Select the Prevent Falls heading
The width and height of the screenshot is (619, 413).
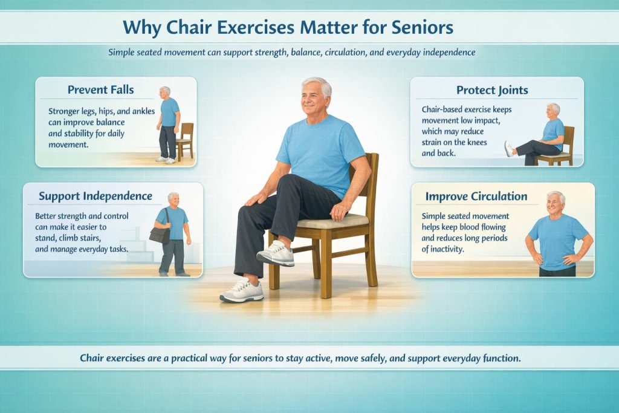(x=101, y=90)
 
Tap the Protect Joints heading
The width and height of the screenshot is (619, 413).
(x=492, y=90)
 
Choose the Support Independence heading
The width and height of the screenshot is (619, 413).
(x=96, y=197)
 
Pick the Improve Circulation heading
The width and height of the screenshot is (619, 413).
(x=476, y=197)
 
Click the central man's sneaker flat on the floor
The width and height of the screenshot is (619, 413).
(x=241, y=291)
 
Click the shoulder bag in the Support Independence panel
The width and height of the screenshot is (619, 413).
(x=159, y=234)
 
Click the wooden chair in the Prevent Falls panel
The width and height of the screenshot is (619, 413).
(x=185, y=140)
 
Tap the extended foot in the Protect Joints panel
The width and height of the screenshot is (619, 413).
(x=509, y=149)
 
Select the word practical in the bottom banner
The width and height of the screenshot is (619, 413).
(x=202, y=359)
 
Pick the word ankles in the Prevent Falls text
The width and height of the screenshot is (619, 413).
(x=140, y=111)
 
